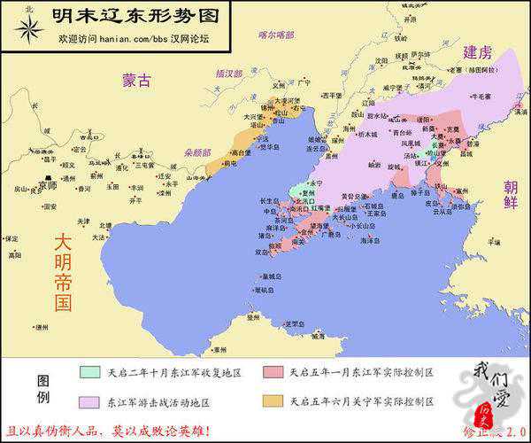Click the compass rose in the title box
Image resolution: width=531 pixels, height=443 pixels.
pos(29,29)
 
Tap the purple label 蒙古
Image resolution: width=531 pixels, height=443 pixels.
pos(137,81)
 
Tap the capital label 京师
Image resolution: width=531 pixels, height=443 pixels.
pos(48,186)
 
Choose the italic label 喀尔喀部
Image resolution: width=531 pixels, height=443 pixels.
pos(274,35)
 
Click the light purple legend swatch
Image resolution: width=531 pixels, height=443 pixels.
pos(89,401)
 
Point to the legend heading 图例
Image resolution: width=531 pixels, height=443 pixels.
pos(42,387)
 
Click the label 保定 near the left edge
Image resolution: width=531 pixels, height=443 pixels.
pos(12,238)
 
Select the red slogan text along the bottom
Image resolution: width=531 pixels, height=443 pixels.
pos(108,431)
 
